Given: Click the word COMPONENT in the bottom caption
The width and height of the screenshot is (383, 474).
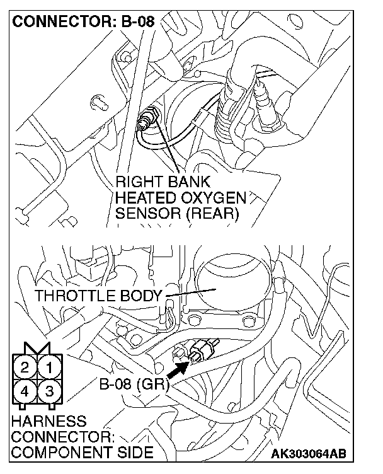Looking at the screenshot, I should click(x=55, y=452).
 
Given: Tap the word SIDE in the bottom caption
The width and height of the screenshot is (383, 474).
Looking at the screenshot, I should click(x=134, y=452).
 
